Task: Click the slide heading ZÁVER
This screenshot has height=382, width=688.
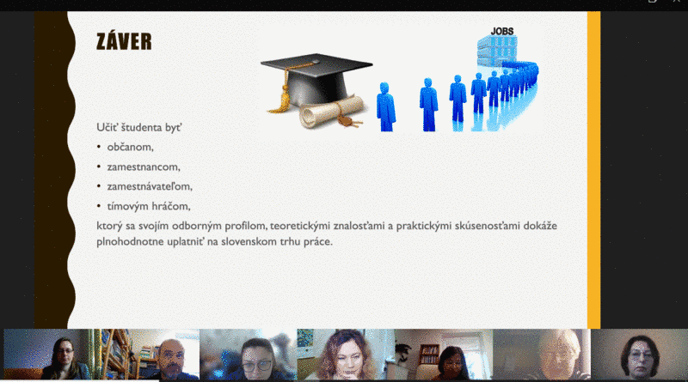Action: tap(124, 41)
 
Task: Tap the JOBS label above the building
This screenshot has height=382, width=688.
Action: tap(502, 31)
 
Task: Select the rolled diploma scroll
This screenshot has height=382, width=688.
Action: tap(331, 112)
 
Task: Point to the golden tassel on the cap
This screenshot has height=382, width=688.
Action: tap(280, 97)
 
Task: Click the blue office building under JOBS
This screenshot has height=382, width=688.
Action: tap(497, 52)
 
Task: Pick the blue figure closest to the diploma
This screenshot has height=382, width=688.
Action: tap(385, 106)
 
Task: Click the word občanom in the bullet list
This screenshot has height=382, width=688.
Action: tap(131, 147)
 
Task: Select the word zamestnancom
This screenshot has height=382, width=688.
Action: tap(144, 167)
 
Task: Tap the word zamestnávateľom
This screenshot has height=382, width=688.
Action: tap(150, 186)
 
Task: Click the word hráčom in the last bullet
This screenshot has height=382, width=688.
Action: tap(170, 206)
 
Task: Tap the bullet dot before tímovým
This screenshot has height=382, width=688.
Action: tap(99, 206)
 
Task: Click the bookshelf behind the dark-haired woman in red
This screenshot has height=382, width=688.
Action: tap(428, 355)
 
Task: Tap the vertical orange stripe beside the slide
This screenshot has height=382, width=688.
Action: tap(593, 170)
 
